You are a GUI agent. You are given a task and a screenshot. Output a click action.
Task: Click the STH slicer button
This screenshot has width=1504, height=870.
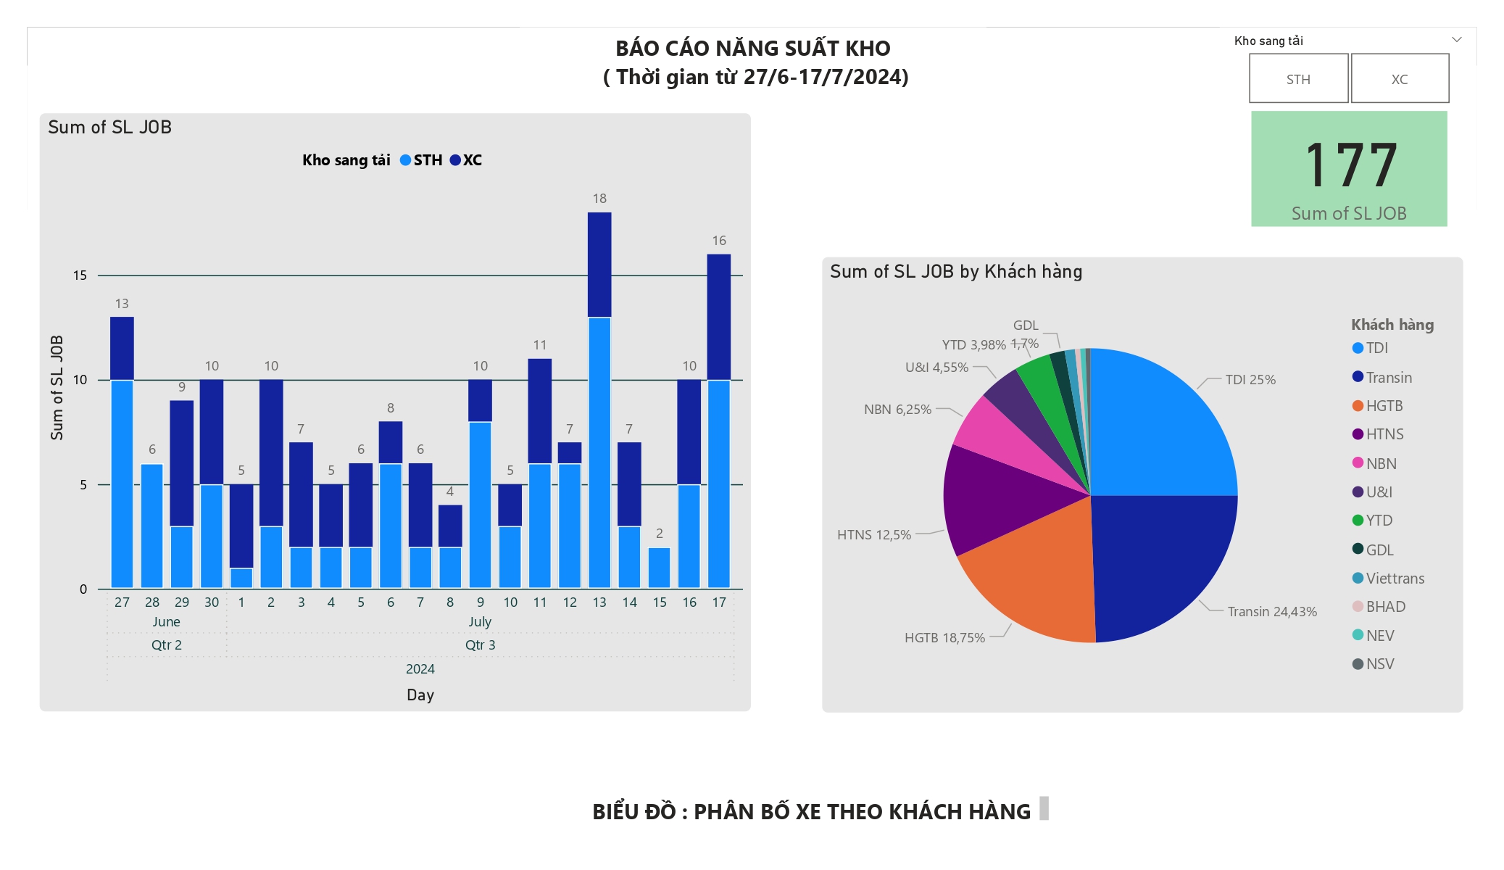click(1298, 78)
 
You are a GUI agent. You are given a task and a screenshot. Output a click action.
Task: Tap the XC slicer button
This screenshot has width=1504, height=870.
click(1400, 78)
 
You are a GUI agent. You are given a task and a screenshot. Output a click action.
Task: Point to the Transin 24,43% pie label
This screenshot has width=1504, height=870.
click(1272, 612)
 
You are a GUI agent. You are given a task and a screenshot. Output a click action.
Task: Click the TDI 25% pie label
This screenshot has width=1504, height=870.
click(1250, 380)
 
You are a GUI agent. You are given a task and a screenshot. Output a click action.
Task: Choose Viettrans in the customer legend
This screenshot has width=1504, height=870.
click(1395, 579)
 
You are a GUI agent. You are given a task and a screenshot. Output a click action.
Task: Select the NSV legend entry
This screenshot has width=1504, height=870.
click(1379, 664)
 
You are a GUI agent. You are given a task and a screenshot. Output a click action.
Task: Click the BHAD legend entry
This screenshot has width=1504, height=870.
click(1385, 607)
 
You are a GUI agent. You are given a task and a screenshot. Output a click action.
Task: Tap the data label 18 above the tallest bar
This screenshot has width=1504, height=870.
click(599, 199)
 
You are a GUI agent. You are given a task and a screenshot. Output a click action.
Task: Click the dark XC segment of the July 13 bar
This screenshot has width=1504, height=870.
click(599, 265)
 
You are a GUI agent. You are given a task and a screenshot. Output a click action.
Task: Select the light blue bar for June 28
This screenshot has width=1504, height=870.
click(152, 526)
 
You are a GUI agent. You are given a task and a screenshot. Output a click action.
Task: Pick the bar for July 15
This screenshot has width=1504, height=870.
click(659, 568)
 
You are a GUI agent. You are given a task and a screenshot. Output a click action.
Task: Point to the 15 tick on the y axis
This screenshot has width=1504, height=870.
click(80, 275)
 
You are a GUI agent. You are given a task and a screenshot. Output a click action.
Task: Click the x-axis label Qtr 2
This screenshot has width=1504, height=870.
click(167, 645)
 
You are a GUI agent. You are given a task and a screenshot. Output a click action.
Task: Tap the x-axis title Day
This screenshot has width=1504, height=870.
click(420, 695)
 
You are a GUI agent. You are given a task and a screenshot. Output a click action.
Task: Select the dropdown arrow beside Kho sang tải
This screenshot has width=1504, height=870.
click(1457, 40)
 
